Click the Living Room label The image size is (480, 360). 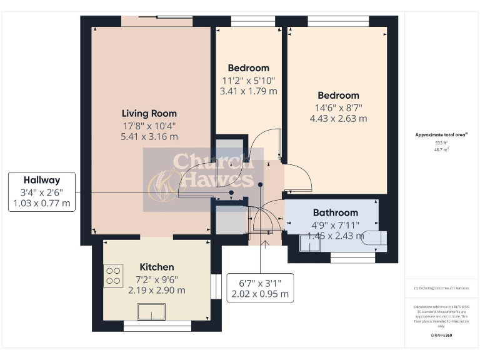click(149, 113)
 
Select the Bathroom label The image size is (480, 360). click(335, 212)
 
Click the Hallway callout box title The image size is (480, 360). click(42, 180)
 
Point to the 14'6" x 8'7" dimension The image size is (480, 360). click(337, 107)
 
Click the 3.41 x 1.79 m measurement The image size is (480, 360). click(248, 91)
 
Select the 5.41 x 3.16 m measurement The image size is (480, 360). click(149, 136)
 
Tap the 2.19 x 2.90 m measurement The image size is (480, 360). click(156, 290)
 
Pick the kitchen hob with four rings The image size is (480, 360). click(114, 276)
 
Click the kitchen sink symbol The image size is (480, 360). click(152, 311)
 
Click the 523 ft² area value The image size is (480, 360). click(442, 143)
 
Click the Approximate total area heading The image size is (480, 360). click(441, 134)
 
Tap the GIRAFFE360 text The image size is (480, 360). click(441, 336)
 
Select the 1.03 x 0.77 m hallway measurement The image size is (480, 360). click(42, 203)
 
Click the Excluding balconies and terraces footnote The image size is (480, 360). click(441, 288)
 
